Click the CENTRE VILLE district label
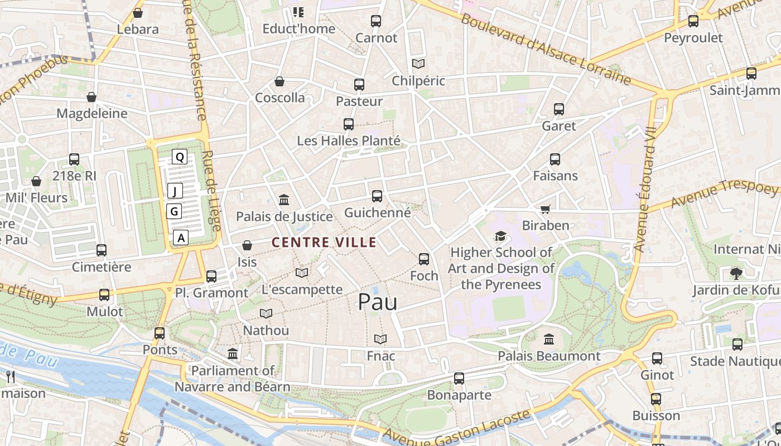[x=324, y=243]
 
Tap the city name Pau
[x=378, y=302]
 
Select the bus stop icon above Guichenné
[x=377, y=196]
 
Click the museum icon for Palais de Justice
[x=284, y=200]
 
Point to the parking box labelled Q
[x=180, y=157]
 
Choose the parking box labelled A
[x=180, y=237]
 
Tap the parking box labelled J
[x=175, y=191]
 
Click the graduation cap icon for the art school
[x=500, y=236]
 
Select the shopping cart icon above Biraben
[x=545, y=210]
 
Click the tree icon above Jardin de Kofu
[x=736, y=273]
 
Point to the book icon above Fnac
[x=380, y=339]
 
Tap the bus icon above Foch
[x=424, y=259]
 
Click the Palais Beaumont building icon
[x=549, y=339]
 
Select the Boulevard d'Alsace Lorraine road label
[x=546, y=50]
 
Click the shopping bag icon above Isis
[x=247, y=245]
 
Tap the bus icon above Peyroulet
[x=693, y=21]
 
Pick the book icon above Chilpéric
[x=418, y=64]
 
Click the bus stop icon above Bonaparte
[x=459, y=379]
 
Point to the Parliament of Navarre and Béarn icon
[x=233, y=354]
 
